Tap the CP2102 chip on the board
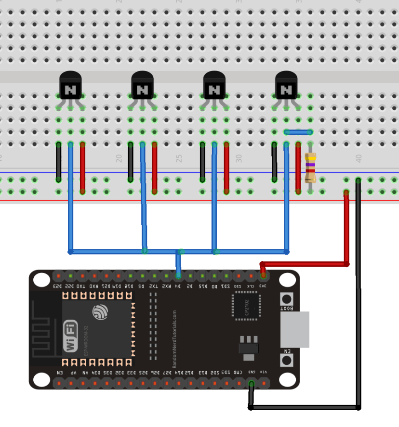coord(246,306)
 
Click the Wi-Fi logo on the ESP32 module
coord(70,336)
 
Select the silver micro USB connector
coord(294,329)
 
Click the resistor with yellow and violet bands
coord(311,167)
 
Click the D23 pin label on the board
coord(58,286)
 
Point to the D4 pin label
coord(178,286)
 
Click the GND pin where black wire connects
coord(251,383)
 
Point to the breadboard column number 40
coord(358,158)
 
